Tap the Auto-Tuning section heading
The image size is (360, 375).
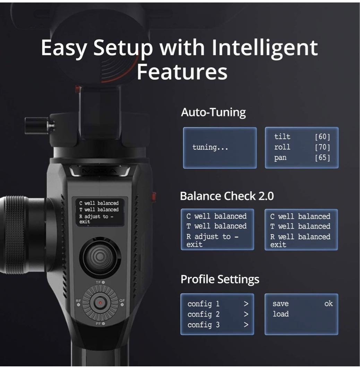213,112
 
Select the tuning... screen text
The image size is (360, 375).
210,147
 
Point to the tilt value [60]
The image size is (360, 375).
322,137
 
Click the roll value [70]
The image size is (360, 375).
322,147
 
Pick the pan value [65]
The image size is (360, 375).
322,158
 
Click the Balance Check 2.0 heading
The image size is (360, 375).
227,196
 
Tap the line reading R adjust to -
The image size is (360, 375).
212,237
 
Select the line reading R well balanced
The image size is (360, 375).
300,237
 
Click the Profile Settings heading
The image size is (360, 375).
220,279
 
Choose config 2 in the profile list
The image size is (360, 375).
204,314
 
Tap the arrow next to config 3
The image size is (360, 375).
246,325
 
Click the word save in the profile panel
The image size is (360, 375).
281,304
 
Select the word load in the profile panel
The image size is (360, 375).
281,314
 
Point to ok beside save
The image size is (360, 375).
328,304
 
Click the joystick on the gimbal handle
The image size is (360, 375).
100,256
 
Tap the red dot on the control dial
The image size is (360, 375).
100,303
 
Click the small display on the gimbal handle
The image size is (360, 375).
98,212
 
